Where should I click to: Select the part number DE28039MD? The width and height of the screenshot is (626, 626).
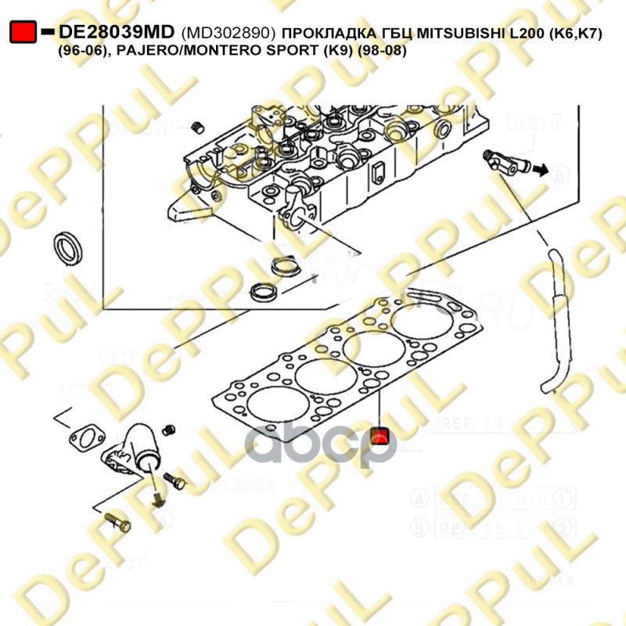coord(118,32)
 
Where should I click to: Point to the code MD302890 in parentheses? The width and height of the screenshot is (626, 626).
coord(227,33)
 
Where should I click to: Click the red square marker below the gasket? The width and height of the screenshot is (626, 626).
coord(380,436)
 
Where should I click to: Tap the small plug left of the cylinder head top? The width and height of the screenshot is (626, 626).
coord(197,127)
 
